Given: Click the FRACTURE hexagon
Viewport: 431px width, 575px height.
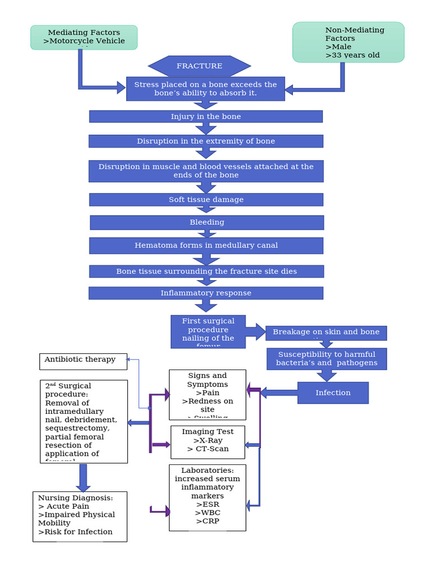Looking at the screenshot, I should (x=199, y=66).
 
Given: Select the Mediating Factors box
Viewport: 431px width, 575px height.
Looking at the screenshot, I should (x=84, y=37).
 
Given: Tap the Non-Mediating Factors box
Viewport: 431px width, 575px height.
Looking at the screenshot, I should (x=348, y=42).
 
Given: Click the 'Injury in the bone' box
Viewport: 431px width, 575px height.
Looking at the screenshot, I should (x=205, y=116).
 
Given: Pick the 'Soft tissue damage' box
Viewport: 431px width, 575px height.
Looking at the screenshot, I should (x=205, y=199).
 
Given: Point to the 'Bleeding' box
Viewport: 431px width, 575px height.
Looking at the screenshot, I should (x=207, y=222).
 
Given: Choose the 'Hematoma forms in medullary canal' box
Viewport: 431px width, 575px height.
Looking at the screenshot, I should (x=206, y=245).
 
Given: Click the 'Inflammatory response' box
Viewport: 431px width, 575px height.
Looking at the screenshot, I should (x=205, y=293).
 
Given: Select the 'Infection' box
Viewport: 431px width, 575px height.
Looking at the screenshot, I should (x=333, y=393).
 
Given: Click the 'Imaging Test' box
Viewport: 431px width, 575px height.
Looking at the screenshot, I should (x=208, y=442).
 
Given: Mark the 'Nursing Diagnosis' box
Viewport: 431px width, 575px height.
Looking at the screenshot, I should (x=80, y=516).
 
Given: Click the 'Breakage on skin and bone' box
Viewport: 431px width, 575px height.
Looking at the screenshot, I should (x=326, y=332).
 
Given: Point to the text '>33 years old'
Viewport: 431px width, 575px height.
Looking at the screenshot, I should (x=352, y=55).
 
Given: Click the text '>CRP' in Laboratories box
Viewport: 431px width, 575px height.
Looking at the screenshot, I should (x=207, y=521).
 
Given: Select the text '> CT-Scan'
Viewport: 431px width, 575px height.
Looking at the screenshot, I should (x=208, y=449).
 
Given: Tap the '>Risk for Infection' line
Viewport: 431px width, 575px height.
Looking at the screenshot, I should (x=75, y=532).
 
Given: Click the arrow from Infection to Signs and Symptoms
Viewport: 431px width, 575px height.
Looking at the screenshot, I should (x=279, y=393).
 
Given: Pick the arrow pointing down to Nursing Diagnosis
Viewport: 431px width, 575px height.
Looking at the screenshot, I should (x=83, y=478).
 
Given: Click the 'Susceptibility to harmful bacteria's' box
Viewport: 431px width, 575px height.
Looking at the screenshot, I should (x=327, y=358).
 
